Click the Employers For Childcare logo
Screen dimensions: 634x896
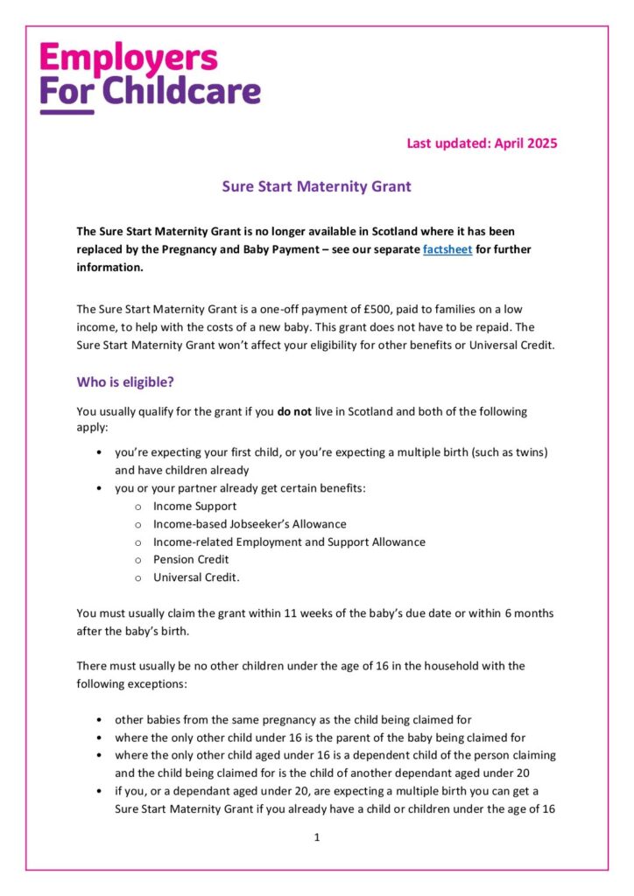pos(150,77)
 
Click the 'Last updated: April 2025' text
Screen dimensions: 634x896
pos(482,143)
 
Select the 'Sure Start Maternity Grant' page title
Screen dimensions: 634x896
pos(316,186)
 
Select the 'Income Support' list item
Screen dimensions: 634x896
pos(194,506)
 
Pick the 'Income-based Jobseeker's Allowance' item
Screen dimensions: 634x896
pos(250,523)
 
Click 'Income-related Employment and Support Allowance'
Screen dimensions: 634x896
pos(289,542)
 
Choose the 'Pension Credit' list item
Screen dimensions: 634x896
pos(191,559)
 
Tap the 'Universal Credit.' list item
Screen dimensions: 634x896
pos(196,577)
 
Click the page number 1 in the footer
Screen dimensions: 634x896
pos(317,837)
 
